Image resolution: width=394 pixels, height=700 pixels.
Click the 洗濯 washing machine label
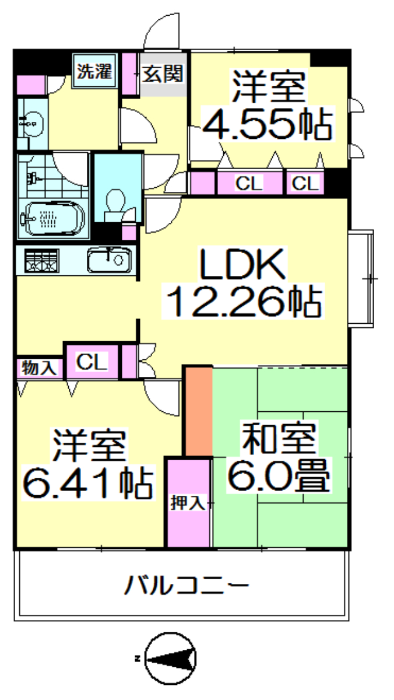pyautogui.click(x=94, y=72)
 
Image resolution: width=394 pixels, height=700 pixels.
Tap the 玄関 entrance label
pyautogui.click(x=163, y=73)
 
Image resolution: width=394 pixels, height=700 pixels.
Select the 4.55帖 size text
pyautogui.click(x=268, y=124)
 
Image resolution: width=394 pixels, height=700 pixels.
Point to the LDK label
pyautogui.click(x=242, y=264)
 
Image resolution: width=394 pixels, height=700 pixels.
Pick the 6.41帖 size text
pyautogui.click(x=88, y=482)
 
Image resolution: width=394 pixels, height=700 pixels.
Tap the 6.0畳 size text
pyautogui.click(x=279, y=475)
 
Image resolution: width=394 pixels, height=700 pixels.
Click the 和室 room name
pyautogui.click(x=279, y=439)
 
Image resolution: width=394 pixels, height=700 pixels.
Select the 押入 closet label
pyautogui.click(x=188, y=503)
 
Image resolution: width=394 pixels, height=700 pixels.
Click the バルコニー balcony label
pyautogui.click(x=187, y=584)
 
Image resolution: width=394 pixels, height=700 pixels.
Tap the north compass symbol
pyautogui.click(x=170, y=658)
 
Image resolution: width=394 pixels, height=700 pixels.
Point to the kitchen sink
pyautogui.click(x=109, y=260)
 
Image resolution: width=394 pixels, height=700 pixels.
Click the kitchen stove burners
pyautogui.click(x=42, y=260)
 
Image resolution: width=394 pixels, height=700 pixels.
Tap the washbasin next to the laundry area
pyautogui.click(x=33, y=124)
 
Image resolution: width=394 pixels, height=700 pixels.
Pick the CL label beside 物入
pyautogui.click(x=92, y=362)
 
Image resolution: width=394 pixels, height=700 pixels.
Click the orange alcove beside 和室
pyautogui.click(x=199, y=411)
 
